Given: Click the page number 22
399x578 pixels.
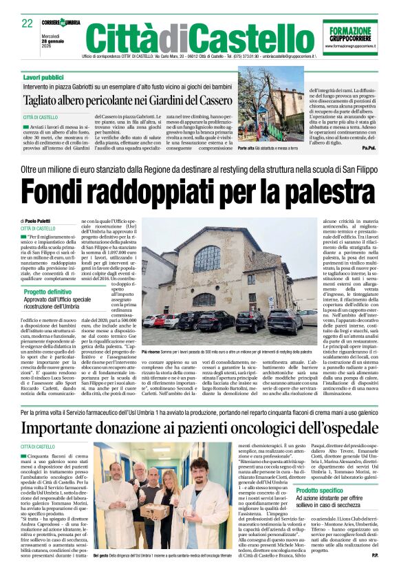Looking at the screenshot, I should coord(28,23).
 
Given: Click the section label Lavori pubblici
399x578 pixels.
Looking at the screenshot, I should coord(43,76).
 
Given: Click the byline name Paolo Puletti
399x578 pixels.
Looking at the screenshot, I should coord(43,221).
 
